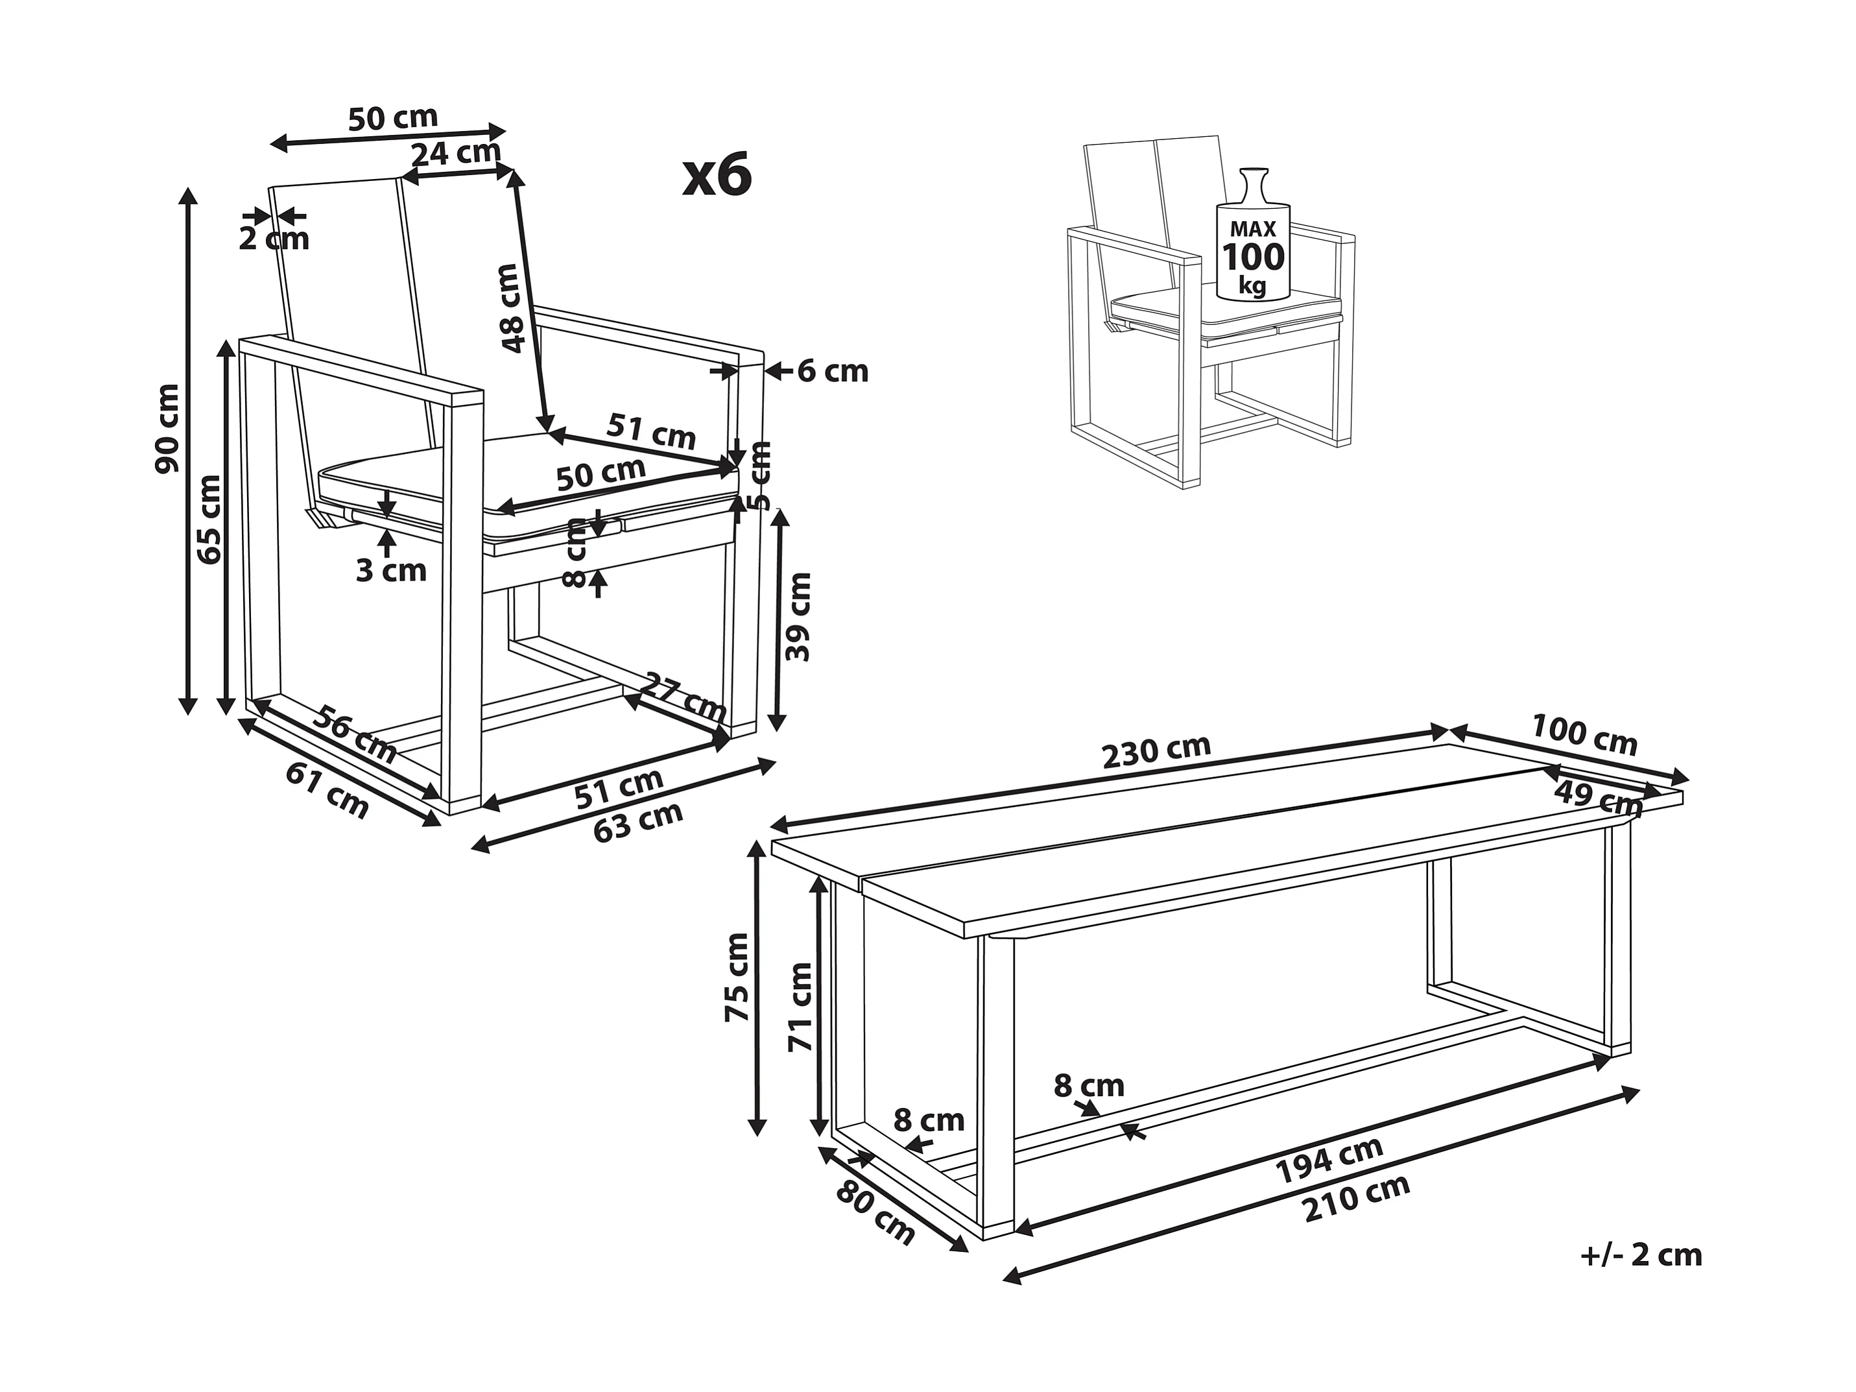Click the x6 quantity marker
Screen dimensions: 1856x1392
coord(717,177)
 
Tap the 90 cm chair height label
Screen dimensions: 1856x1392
coord(168,428)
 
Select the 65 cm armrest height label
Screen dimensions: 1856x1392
coord(209,518)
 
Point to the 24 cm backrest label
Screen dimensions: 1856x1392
coord(455,152)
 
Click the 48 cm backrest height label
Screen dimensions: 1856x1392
coord(509,308)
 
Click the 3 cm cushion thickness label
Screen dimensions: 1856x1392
coord(391,571)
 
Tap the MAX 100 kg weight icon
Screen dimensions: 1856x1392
coord(1253,243)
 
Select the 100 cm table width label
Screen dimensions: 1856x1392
coord(1584,734)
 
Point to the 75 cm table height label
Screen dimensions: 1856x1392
coord(737,977)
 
